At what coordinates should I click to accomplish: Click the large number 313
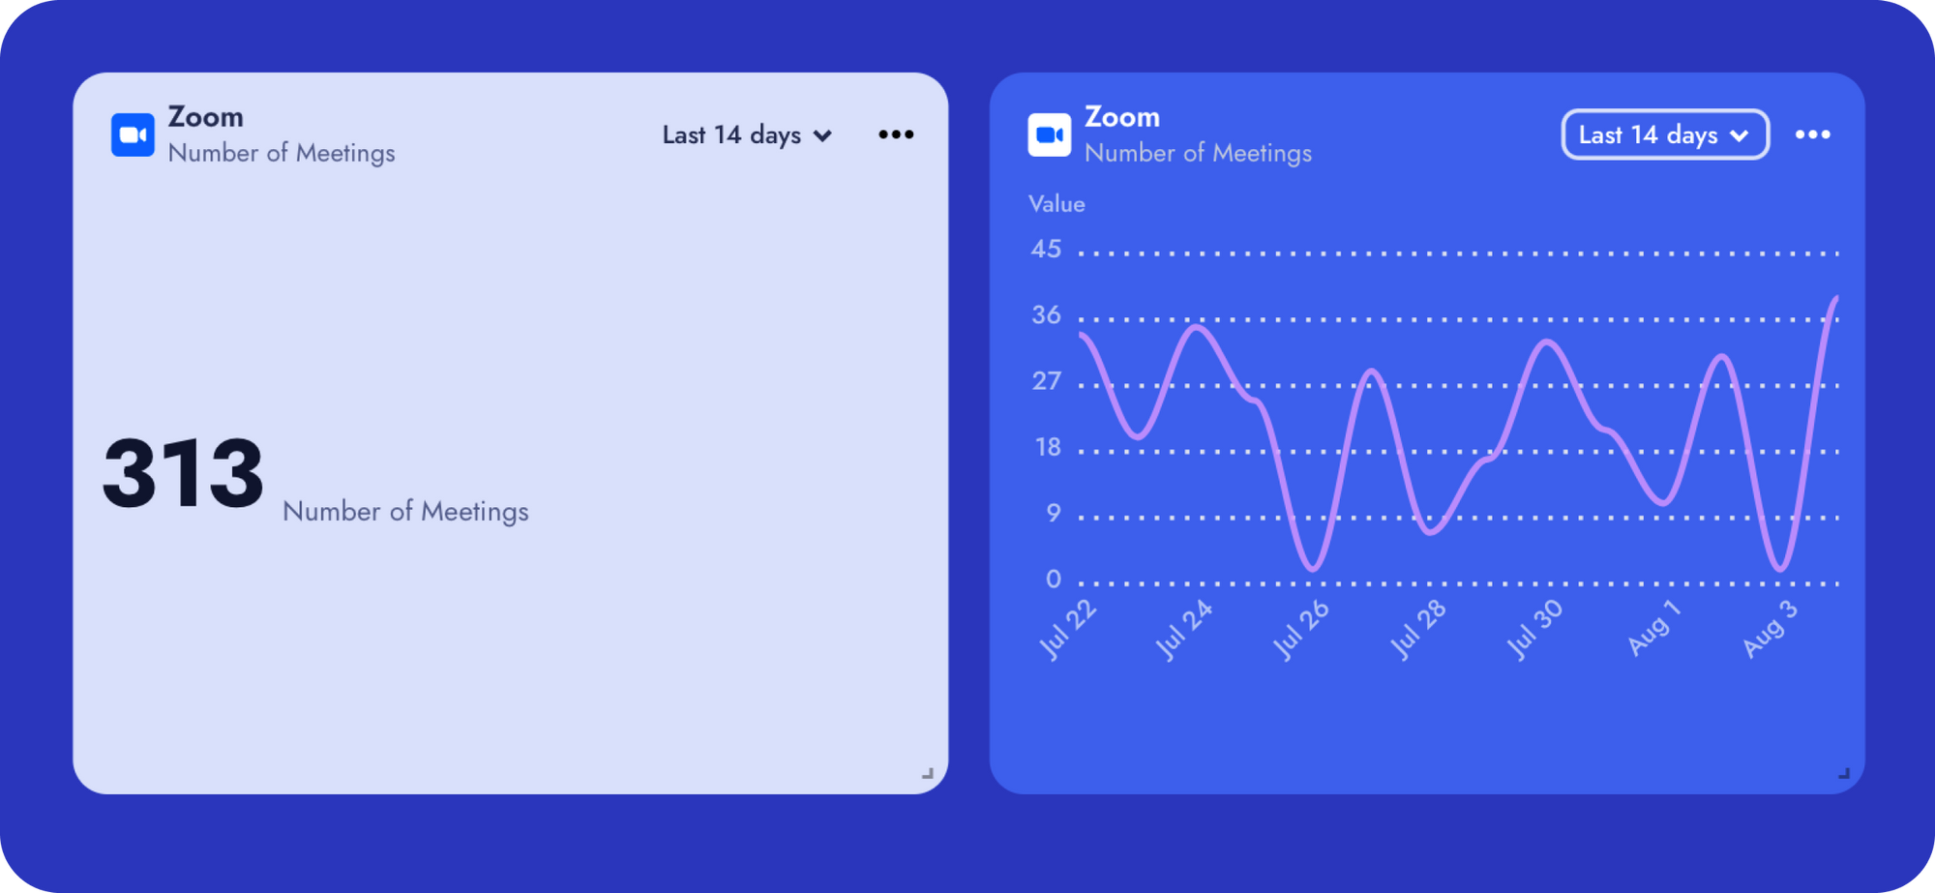(x=183, y=473)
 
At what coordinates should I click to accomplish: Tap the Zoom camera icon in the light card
(x=133, y=134)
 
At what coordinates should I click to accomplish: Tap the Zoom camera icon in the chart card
(x=1050, y=134)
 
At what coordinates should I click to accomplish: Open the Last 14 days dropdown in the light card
(x=747, y=134)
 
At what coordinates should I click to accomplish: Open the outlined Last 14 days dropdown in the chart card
(x=1665, y=134)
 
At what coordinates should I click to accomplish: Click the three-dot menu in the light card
(x=896, y=134)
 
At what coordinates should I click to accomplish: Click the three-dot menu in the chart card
(x=1813, y=134)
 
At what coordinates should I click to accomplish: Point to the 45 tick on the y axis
(x=1046, y=250)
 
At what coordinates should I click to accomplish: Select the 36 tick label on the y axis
(x=1046, y=315)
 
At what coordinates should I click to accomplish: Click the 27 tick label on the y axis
(x=1046, y=381)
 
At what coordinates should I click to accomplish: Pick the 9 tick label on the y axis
(x=1054, y=513)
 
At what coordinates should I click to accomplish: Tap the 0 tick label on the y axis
(x=1054, y=580)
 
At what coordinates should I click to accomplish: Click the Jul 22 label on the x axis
(x=1068, y=630)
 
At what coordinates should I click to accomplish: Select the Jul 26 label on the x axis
(x=1300, y=630)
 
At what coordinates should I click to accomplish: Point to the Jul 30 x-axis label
(x=1534, y=630)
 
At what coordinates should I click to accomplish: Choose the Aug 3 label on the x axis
(x=1770, y=630)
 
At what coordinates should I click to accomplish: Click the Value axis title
(x=1057, y=204)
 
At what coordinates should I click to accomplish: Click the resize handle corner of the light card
(x=928, y=773)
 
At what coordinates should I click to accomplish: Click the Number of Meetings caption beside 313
(x=405, y=511)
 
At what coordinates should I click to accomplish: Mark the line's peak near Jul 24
(x=1199, y=327)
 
